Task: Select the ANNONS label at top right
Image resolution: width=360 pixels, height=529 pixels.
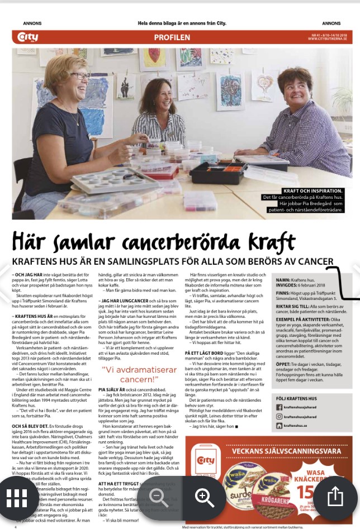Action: pos(331,23)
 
